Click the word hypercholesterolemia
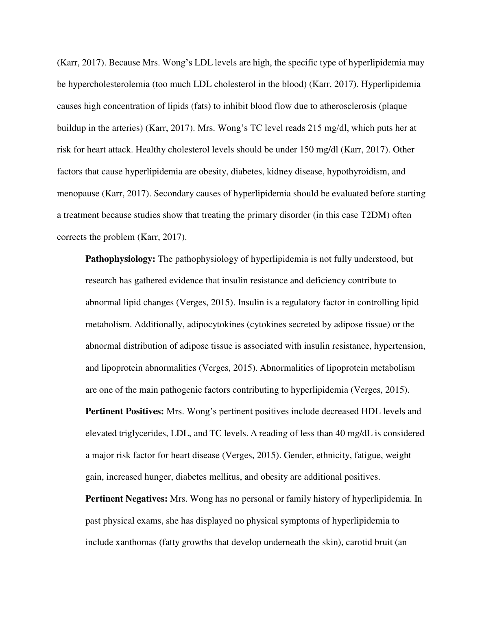(x=109, y=85)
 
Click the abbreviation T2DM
(x=376, y=215)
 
